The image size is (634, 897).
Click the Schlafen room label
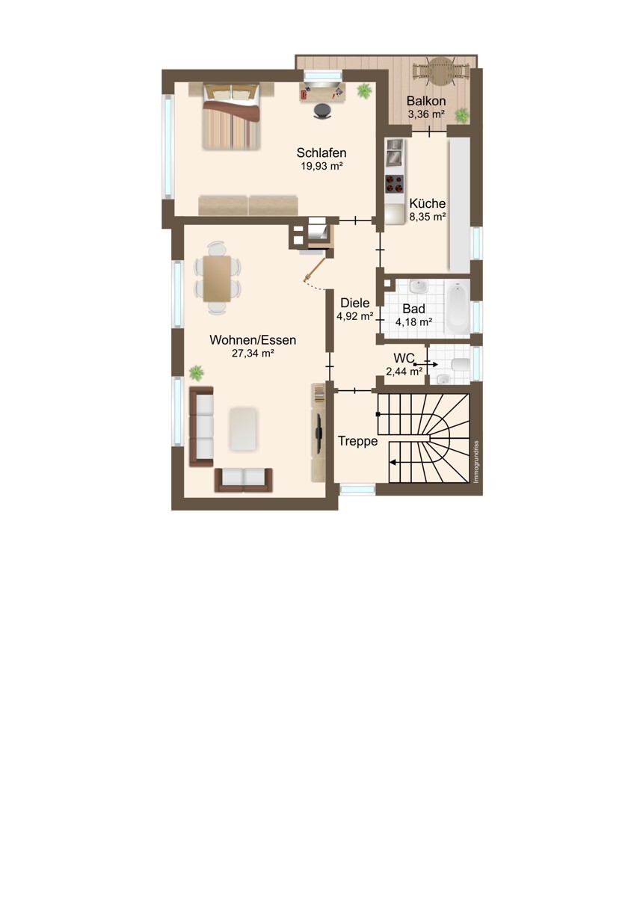pos(321,152)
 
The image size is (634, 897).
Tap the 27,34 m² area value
pos(253,353)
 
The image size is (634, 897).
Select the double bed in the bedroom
pos(232,116)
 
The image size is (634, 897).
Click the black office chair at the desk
pos(322,111)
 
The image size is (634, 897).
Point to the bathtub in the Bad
pos(458,306)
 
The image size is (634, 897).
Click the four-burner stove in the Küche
pos(394,184)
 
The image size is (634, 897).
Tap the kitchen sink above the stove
pos(394,152)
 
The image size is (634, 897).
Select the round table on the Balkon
pos(440,70)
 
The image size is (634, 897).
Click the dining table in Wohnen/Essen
pos(217,279)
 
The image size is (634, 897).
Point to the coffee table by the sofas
pos(243,428)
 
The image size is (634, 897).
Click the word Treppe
pos(357,441)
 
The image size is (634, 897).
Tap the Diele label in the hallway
pos(355,303)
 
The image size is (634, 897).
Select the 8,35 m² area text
pos(428,217)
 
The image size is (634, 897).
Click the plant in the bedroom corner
pos(364,90)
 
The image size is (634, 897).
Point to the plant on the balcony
pos(462,115)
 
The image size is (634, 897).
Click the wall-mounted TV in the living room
pos(318,433)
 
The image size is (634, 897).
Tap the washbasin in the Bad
pos(419,286)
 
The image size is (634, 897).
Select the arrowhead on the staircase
pos(393,463)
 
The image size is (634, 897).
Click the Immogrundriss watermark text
pos(476,462)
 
